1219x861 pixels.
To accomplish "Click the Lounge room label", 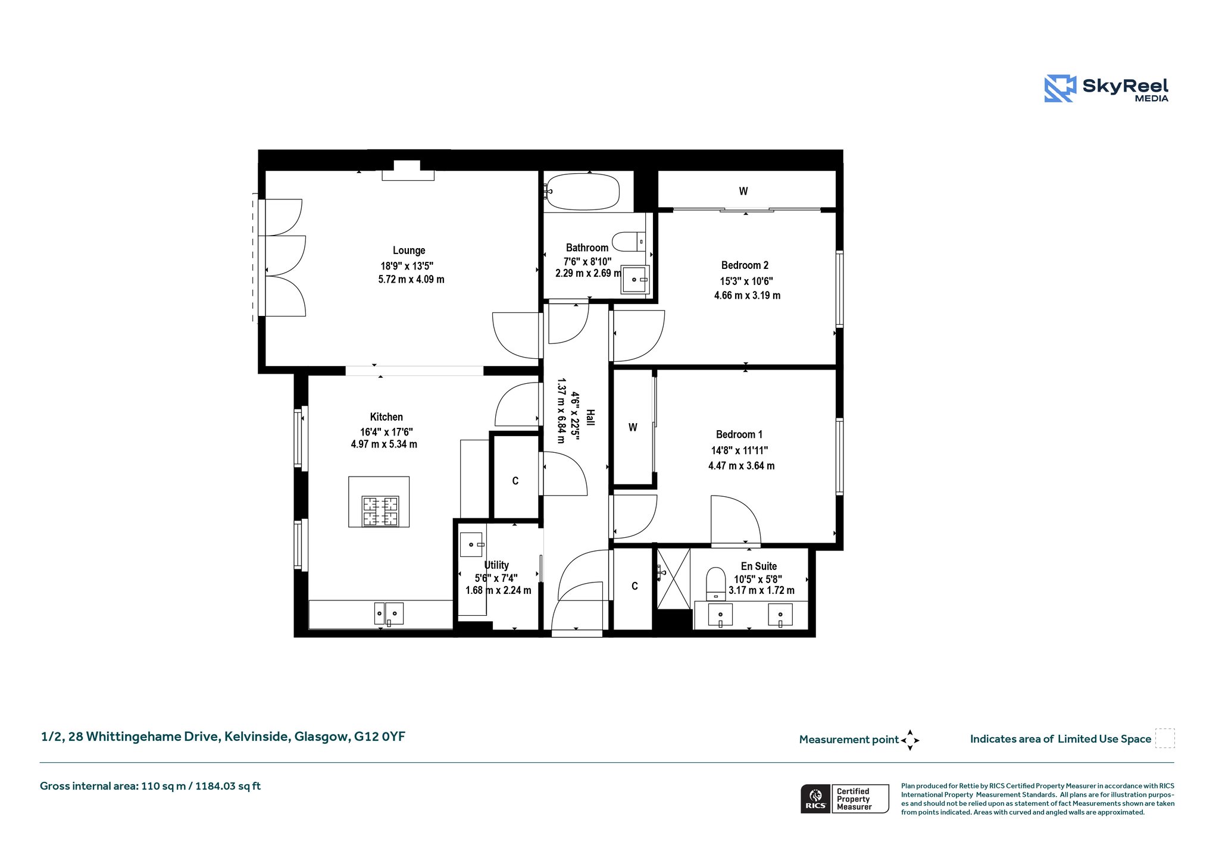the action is pos(409,251).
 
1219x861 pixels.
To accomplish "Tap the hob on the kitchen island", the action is pos(380,511).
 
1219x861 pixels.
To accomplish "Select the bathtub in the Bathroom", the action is pos(583,192).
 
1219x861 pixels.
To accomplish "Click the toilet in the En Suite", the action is pos(715,584).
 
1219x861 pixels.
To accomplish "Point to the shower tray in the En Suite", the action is pos(673,578).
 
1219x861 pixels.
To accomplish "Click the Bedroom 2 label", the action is pos(745,265).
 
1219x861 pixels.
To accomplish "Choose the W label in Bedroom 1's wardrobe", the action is pos(633,427).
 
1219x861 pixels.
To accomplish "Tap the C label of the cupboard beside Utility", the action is pos(515,481).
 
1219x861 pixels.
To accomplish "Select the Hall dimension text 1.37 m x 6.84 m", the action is pos(561,411).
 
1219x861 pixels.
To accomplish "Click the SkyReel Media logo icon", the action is pos(1060,89).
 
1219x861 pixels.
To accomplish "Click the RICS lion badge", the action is pos(815,799).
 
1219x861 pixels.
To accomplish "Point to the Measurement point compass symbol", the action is pos(910,740).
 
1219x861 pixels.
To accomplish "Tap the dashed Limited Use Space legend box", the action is pos(1165,738).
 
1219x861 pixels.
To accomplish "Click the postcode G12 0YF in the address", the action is pos(380,737).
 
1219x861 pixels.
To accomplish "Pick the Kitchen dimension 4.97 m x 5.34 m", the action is pos(384,444).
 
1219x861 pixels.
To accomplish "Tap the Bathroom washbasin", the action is pos(635,280).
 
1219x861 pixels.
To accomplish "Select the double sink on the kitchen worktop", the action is pos(389,613).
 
